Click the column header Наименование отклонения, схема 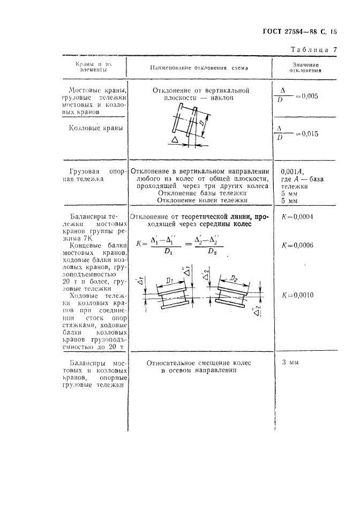coord(199,68)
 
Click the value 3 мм coord(290,363)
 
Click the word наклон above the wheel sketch coord(222,99)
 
